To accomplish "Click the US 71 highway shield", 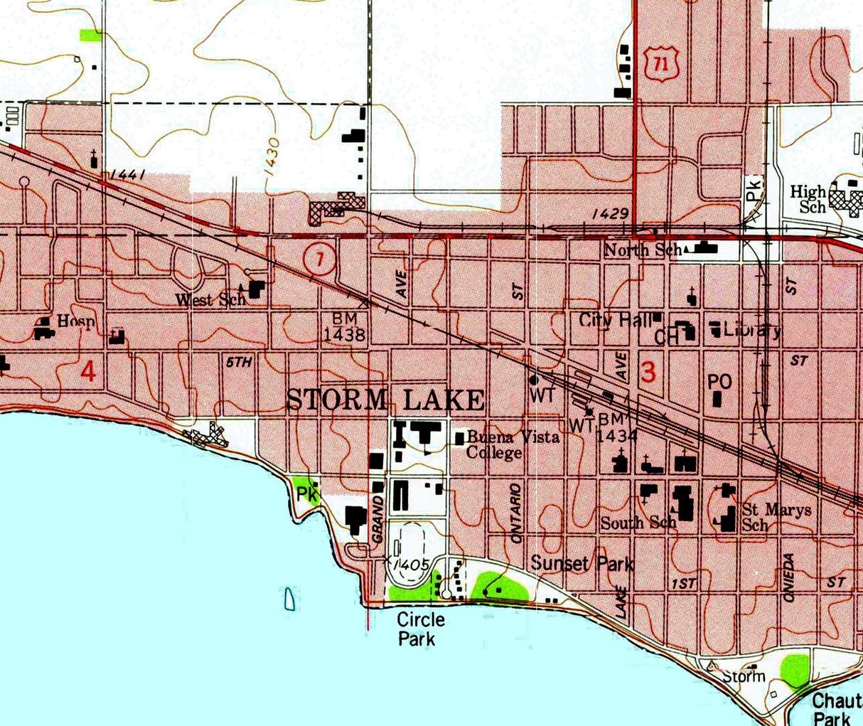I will [x=662, y=65].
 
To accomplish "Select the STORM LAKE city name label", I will [x=386, y=400].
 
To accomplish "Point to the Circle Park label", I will [x=420, y=629].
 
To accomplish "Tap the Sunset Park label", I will [x=582, y=563].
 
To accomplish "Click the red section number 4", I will [x=88, y=370].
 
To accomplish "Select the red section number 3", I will [x=648, y=372].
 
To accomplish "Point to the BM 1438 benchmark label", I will [x=345, y=326].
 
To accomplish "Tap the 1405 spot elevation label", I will [x=412, y=564].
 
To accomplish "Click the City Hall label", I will [x=616, y=320].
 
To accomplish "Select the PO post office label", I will [x=719, y=381].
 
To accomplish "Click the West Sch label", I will [x=211, y=299].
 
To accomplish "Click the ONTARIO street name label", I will [x=516, y=513].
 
